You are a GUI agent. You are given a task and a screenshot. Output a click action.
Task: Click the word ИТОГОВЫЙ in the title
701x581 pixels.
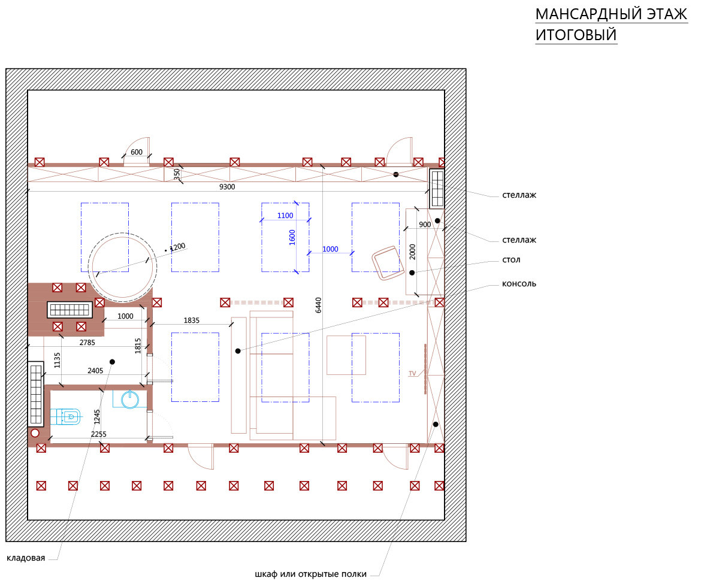(x=576, y=35)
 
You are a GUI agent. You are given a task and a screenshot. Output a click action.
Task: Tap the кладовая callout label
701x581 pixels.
(x=26, y=558)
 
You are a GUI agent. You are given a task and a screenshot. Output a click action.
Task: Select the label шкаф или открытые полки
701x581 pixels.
(x=311, y=574)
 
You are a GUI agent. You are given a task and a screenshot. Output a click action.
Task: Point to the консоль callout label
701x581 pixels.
(x=519, y=283)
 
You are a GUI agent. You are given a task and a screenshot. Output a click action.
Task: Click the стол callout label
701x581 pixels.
(x=511, y=260)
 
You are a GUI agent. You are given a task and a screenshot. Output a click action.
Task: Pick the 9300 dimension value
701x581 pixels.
(x=227, y=187)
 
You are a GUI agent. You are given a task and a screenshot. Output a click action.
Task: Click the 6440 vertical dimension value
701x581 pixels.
(x=318, y=305)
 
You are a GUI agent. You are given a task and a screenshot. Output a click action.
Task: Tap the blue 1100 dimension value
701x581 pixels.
(x=285, y=216)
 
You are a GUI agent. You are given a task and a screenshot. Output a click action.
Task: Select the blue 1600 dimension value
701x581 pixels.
(x=292, y=237)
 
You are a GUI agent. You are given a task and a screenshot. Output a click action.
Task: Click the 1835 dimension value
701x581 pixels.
(x=191, y=320)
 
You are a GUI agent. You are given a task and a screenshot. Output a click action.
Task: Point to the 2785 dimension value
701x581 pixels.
(x=87, y=343)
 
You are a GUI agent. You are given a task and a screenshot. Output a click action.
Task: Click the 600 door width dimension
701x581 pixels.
(x=137, y=152)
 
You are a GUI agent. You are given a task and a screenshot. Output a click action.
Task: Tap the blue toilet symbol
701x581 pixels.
(x=66, y=416)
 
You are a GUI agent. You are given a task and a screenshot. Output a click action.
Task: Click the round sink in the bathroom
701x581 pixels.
(x=130, y=400)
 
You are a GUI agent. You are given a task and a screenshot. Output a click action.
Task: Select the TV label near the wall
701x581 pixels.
(x=412, y=374)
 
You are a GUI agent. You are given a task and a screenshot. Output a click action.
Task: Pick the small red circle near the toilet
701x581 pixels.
(x=35, y=432)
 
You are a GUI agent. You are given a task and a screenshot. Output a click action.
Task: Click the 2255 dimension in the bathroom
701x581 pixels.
(x=99, y=434)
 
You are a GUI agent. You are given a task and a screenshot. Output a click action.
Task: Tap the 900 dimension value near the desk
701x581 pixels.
(x=425, y=225)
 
